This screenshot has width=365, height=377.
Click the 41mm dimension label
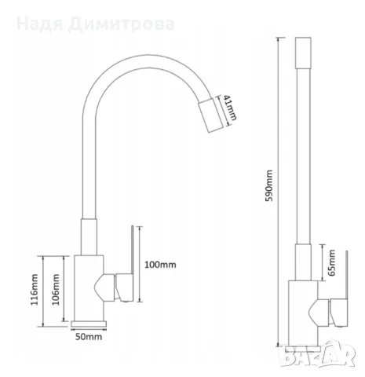click(231, 108)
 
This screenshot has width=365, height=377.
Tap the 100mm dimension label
click(160, 265)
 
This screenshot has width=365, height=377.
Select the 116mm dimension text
click(35, 290)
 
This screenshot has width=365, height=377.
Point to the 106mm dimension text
click(56, 290)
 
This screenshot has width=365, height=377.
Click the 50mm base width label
click(89, 337)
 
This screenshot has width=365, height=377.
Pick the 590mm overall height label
click(269, 185)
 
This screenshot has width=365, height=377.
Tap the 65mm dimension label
click(332, 262)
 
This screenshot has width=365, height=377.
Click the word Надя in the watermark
click(40, 24)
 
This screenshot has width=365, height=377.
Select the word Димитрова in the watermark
click(122, 24)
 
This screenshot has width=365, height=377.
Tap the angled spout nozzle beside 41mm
click(211, 115)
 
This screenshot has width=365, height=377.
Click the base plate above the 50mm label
click(89, 324)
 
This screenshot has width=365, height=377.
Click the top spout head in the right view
click(303, 53)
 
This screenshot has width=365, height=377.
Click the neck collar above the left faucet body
click(89, 237)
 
